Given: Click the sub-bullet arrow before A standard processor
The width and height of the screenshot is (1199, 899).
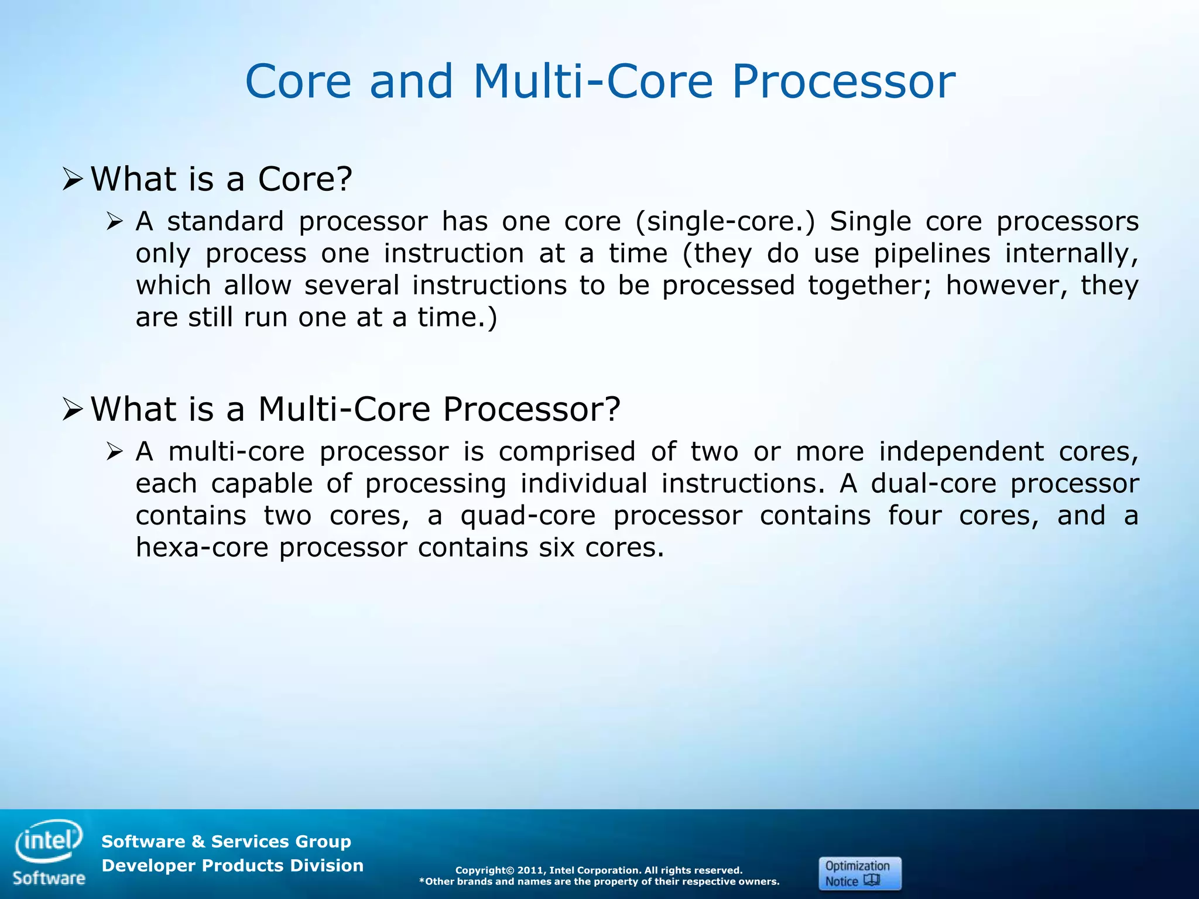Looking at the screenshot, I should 114,222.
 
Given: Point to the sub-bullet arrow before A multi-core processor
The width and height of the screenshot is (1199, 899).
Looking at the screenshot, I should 114,452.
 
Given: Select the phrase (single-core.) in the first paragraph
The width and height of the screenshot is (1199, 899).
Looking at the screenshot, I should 725,222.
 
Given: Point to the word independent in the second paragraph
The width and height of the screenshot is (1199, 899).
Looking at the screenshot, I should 961,452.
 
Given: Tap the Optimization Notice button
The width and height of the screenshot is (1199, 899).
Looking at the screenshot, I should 859,873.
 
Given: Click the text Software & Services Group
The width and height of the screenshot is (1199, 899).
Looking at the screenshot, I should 226,842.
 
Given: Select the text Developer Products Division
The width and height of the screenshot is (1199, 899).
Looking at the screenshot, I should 232,866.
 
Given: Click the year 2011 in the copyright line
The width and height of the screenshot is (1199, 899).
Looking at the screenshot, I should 529,870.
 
